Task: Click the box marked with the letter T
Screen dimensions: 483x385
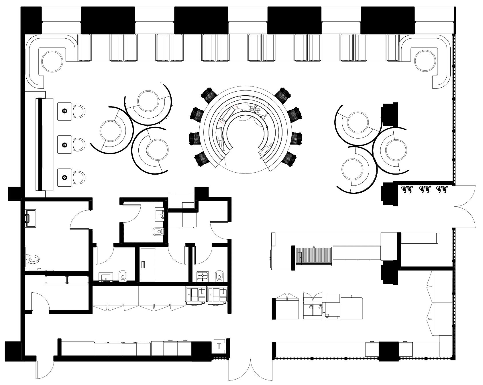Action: (219, 346)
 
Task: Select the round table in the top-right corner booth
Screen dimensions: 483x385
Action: (425, 61)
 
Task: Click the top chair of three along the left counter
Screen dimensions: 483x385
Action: (79, 111)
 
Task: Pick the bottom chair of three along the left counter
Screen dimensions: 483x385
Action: (79, 177)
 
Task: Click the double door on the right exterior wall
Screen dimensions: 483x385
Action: (464, 206)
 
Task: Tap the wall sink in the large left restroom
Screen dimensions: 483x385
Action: (31, 218)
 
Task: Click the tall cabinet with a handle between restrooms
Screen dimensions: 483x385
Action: (148, 264)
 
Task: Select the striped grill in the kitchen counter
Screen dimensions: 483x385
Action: (314, 255)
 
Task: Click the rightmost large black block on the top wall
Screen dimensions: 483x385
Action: (387, 20)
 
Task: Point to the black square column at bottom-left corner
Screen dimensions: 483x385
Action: (13, 349)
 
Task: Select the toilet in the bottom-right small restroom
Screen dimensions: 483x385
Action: (219, 276)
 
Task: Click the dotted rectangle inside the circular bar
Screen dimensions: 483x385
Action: (254, 109)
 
